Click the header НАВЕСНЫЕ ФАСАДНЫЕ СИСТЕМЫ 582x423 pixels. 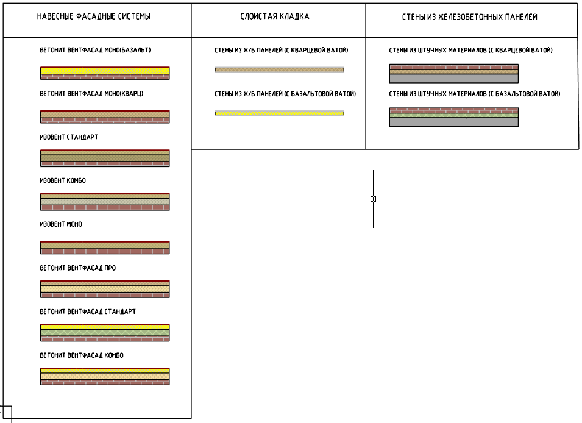point(93,17)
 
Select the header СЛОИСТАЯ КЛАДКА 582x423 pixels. point(275,17)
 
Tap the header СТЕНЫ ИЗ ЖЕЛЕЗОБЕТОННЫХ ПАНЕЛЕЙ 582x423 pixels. point(470,17)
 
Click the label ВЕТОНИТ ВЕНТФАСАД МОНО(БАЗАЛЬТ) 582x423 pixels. point(95,50)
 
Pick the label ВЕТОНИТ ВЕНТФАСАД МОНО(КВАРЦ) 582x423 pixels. point(91,94)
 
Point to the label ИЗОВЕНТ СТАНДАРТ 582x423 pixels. point(69,137)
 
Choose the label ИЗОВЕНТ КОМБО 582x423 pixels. point(64,181)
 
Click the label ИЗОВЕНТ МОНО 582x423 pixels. point(61,224)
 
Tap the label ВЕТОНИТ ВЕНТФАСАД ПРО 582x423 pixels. point(78,268)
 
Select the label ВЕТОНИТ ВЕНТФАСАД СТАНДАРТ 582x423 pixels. point(88,311)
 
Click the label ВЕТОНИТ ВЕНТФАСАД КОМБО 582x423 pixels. point(82,355)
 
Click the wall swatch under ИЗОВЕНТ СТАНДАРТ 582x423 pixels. point(105,158)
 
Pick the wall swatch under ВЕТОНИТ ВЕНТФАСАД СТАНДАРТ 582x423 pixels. point(105,332)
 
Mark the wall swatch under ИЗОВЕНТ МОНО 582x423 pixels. point(105,247)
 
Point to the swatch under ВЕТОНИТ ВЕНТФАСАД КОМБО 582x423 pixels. point(105,376)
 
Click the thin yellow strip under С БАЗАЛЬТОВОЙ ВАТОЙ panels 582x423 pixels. point(279,113)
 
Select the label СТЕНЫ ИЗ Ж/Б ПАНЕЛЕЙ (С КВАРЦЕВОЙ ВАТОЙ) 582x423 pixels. point(282,50)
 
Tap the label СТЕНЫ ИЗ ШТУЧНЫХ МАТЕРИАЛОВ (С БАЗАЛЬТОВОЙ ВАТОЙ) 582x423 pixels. point(474,94)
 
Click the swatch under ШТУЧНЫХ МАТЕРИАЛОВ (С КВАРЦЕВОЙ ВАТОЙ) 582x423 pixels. point(453,73)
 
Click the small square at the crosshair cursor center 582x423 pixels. point(373,199)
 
